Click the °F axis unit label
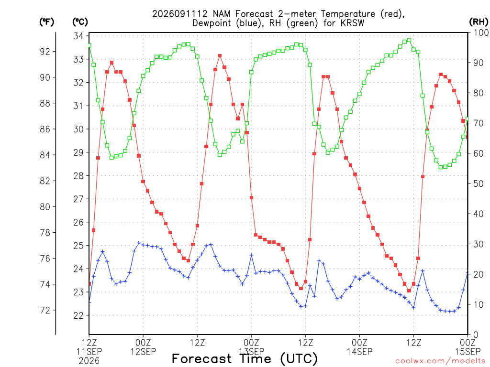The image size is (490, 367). [46, 22]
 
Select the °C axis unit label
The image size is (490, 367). [80, 22]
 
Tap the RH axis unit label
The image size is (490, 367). [479, 22]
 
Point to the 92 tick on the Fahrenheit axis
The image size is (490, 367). [45, 52]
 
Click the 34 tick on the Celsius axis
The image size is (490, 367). [79, 36]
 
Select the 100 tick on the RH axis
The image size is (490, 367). [481, 32]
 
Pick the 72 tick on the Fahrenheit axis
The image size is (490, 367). [45, 311]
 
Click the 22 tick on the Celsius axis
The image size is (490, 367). [79, 315]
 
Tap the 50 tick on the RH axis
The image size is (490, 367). [478, 183]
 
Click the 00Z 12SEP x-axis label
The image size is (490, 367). [143, 347]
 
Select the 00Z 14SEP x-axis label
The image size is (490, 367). [359, 347]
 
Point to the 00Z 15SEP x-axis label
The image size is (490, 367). [468, 347]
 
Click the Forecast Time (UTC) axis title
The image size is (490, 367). [245, 358]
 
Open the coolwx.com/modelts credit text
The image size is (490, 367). [440, 361]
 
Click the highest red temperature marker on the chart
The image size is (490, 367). [220, 56]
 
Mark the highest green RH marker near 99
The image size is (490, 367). [409, 40]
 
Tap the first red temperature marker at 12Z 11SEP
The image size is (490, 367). [89, 284]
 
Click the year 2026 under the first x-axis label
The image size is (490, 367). [89, 361]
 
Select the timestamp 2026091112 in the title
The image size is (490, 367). [180, 14]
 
